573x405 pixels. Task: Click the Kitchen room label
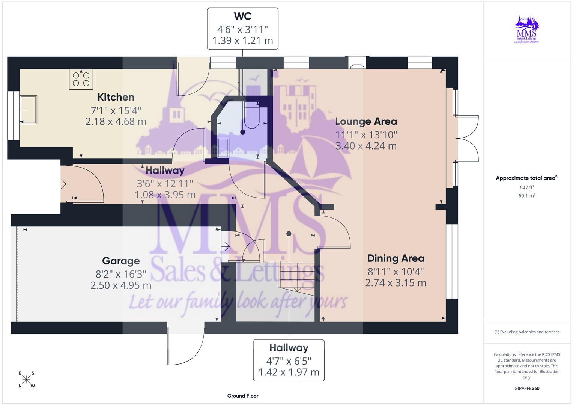(116, 97)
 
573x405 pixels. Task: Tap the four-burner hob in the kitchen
(81, 79)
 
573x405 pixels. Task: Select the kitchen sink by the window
(29, 109)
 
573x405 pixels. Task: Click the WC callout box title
(242, 16)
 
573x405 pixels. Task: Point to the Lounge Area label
(366, 121)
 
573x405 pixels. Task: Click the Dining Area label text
(396, 258)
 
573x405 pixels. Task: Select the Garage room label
(121, 261)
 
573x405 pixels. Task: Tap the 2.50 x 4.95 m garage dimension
(121, 285)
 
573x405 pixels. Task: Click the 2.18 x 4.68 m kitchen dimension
(116, 121)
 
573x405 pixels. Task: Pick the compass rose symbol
(26, 379)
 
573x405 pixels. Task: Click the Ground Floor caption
(242, 396)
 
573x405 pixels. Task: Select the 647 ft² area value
(527, 187)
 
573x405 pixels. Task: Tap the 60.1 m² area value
(527, 195)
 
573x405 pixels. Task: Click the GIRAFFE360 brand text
(527, 388)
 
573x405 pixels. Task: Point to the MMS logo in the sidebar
(527, 30)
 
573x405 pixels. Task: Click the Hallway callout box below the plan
(289, 360)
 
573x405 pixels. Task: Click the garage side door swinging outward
(186, 347)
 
